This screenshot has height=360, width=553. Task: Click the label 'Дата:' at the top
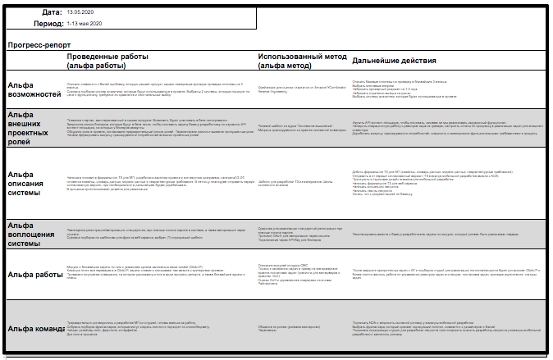coord(51,12)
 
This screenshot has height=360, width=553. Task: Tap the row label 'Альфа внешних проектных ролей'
coord(31,128)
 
